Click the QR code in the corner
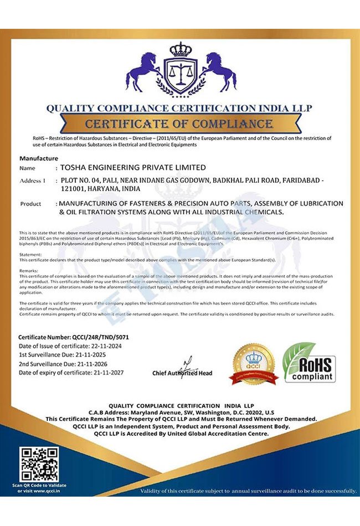pyautogui.click(x=39, y=463)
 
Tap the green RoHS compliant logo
pyautogui.click(x=309, y=362)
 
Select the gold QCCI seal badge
pyautogui.click(x=253, y=364)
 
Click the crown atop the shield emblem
pyautogui.click(x=180, y=50)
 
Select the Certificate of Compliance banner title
pyautogui.click(x=179, y=123)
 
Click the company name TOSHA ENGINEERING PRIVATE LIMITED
pyautogui.click(x=132, y=167)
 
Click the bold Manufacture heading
pyautogui.click(x=39, y=158)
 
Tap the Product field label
pyautogui.click(x=31, y=204)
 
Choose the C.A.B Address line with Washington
pyautogui.click(x=181, y=412)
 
